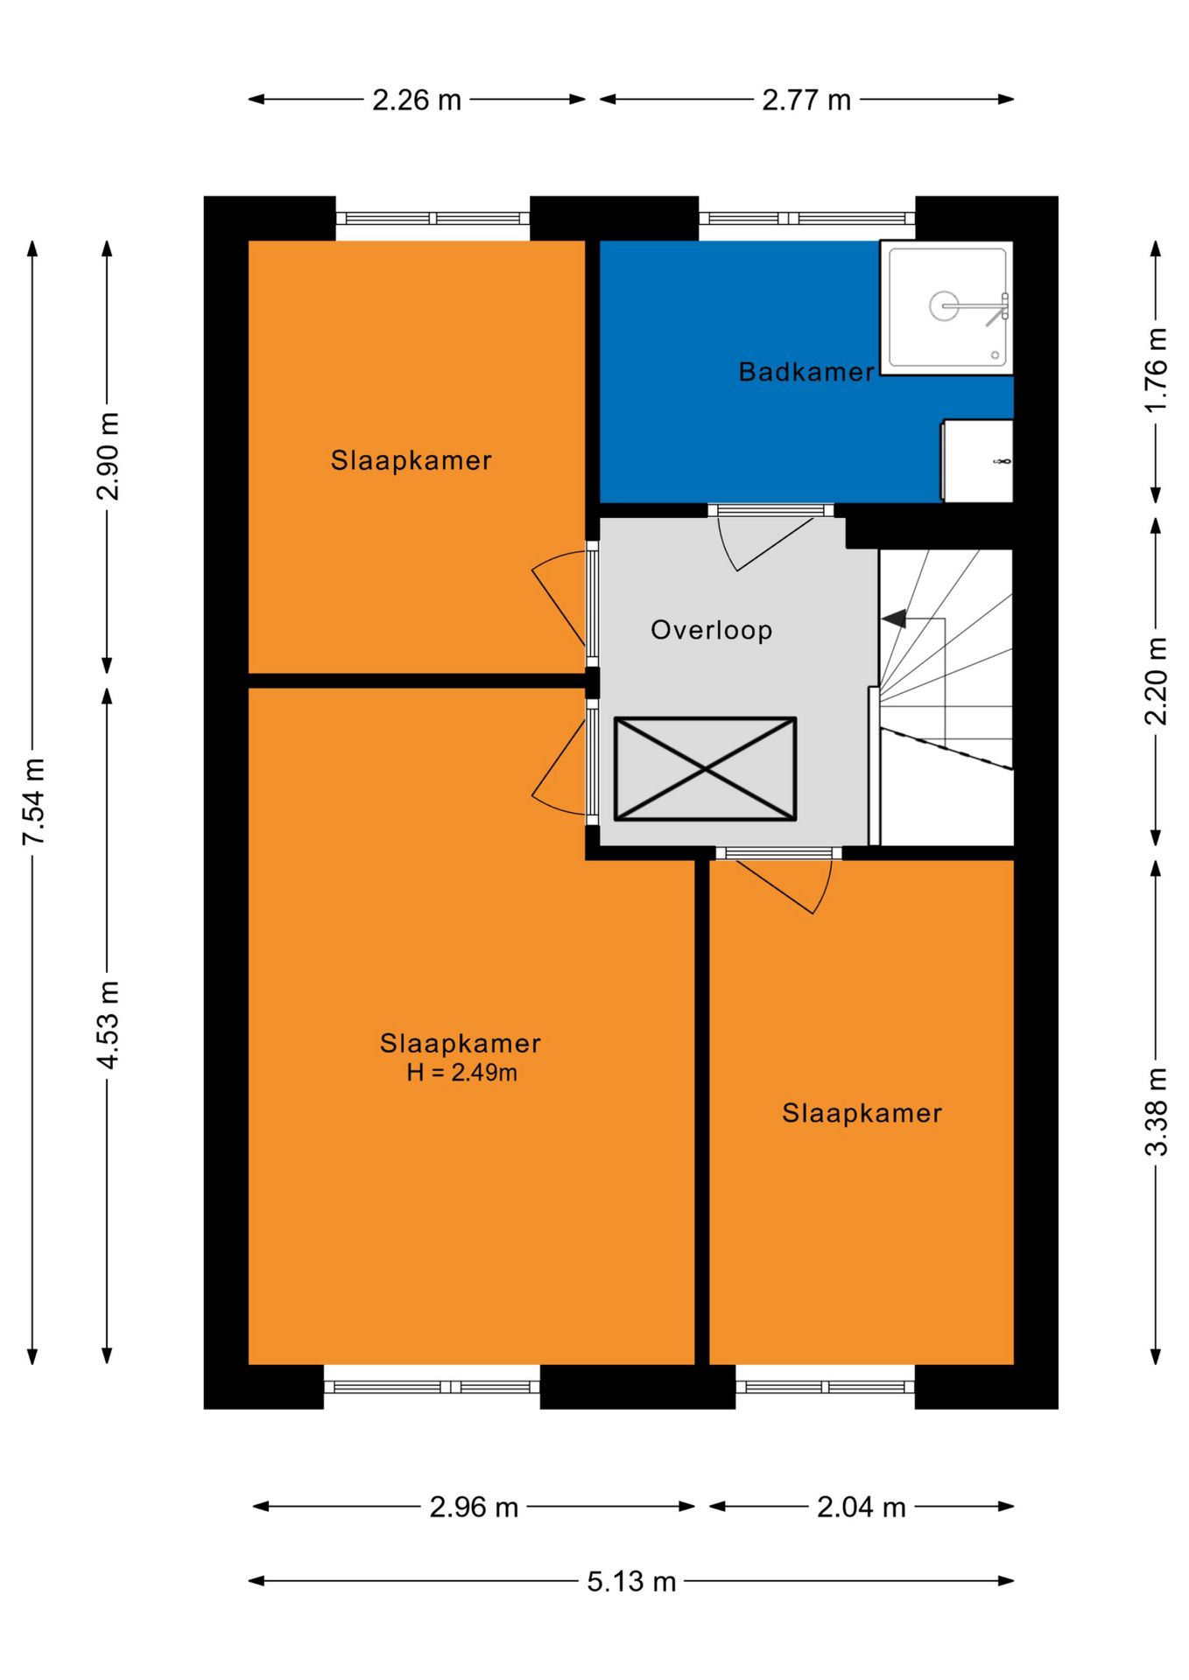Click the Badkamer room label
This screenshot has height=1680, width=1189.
click(x=806, y=372)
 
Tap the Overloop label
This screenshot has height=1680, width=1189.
click(x=711, y=630)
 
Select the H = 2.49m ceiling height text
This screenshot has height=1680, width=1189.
click(x=461, y=1072)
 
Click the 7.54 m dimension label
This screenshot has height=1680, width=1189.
click(x=33, y=801)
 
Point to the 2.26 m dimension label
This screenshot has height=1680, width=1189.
click(x=417, y=100)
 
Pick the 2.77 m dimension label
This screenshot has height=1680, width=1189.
click(x=806, y=100)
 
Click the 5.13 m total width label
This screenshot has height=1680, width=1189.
click(x=631, y=1581)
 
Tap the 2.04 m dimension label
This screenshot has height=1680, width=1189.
click(x=861, y=1507)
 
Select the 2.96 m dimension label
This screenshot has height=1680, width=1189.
click(x=474, y=1507)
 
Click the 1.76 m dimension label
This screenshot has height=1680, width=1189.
click(x=1156, y=369)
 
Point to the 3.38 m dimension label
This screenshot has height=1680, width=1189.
click(x=1156, y=1111)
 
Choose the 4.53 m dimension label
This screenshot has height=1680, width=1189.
click(x=108, y=1025)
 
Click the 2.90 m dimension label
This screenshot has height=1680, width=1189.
click(x=108, y=456)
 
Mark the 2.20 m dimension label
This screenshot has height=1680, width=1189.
click(x=1156, y=681)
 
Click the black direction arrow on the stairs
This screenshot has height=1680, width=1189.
click(x=894, y=619)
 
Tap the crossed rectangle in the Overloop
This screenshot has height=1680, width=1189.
click(x=705, y=769)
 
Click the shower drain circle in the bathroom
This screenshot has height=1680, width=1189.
click(x=944, y=305)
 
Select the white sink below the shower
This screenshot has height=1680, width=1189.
click(x=977, y=461)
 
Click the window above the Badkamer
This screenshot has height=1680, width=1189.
click(x=806, y=218)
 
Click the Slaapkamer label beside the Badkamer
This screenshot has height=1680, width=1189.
click(x=411, y=460)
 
